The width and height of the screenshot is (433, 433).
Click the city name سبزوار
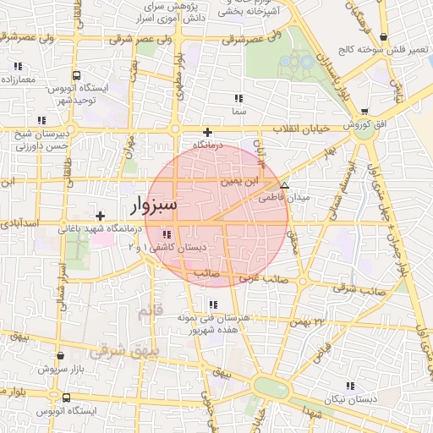click(154, 206)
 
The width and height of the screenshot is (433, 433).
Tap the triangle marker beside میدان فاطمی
click(284, 184)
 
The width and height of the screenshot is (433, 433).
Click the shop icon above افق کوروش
click(364, 111)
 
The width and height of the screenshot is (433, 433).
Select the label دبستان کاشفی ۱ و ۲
click(166, 247)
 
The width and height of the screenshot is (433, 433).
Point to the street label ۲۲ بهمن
click(307, 321)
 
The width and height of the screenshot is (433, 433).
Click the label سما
click(238, 110)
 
